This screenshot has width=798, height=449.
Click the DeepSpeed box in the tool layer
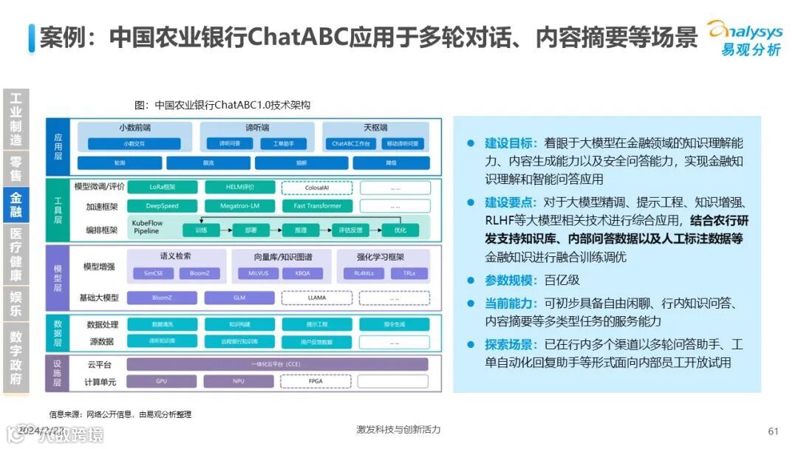(x=162, y=206)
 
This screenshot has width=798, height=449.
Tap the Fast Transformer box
(x=317, y=206)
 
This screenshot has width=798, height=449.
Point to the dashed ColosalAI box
(x=317, y=188)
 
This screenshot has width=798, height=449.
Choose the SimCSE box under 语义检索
(x=150, y=273)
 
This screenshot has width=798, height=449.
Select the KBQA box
(x=303, y=273)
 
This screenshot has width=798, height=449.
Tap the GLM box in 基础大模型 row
(x=239, y=298)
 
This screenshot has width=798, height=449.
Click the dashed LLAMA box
(x=317, y=298)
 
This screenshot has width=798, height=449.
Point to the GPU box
(x=162, y=382)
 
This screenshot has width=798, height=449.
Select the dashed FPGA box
(x=317, y=382)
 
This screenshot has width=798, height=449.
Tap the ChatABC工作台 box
(x=350, y=143)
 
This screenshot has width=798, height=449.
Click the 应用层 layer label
(x=58, y=141)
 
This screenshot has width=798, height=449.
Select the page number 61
(x=774, y=431)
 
